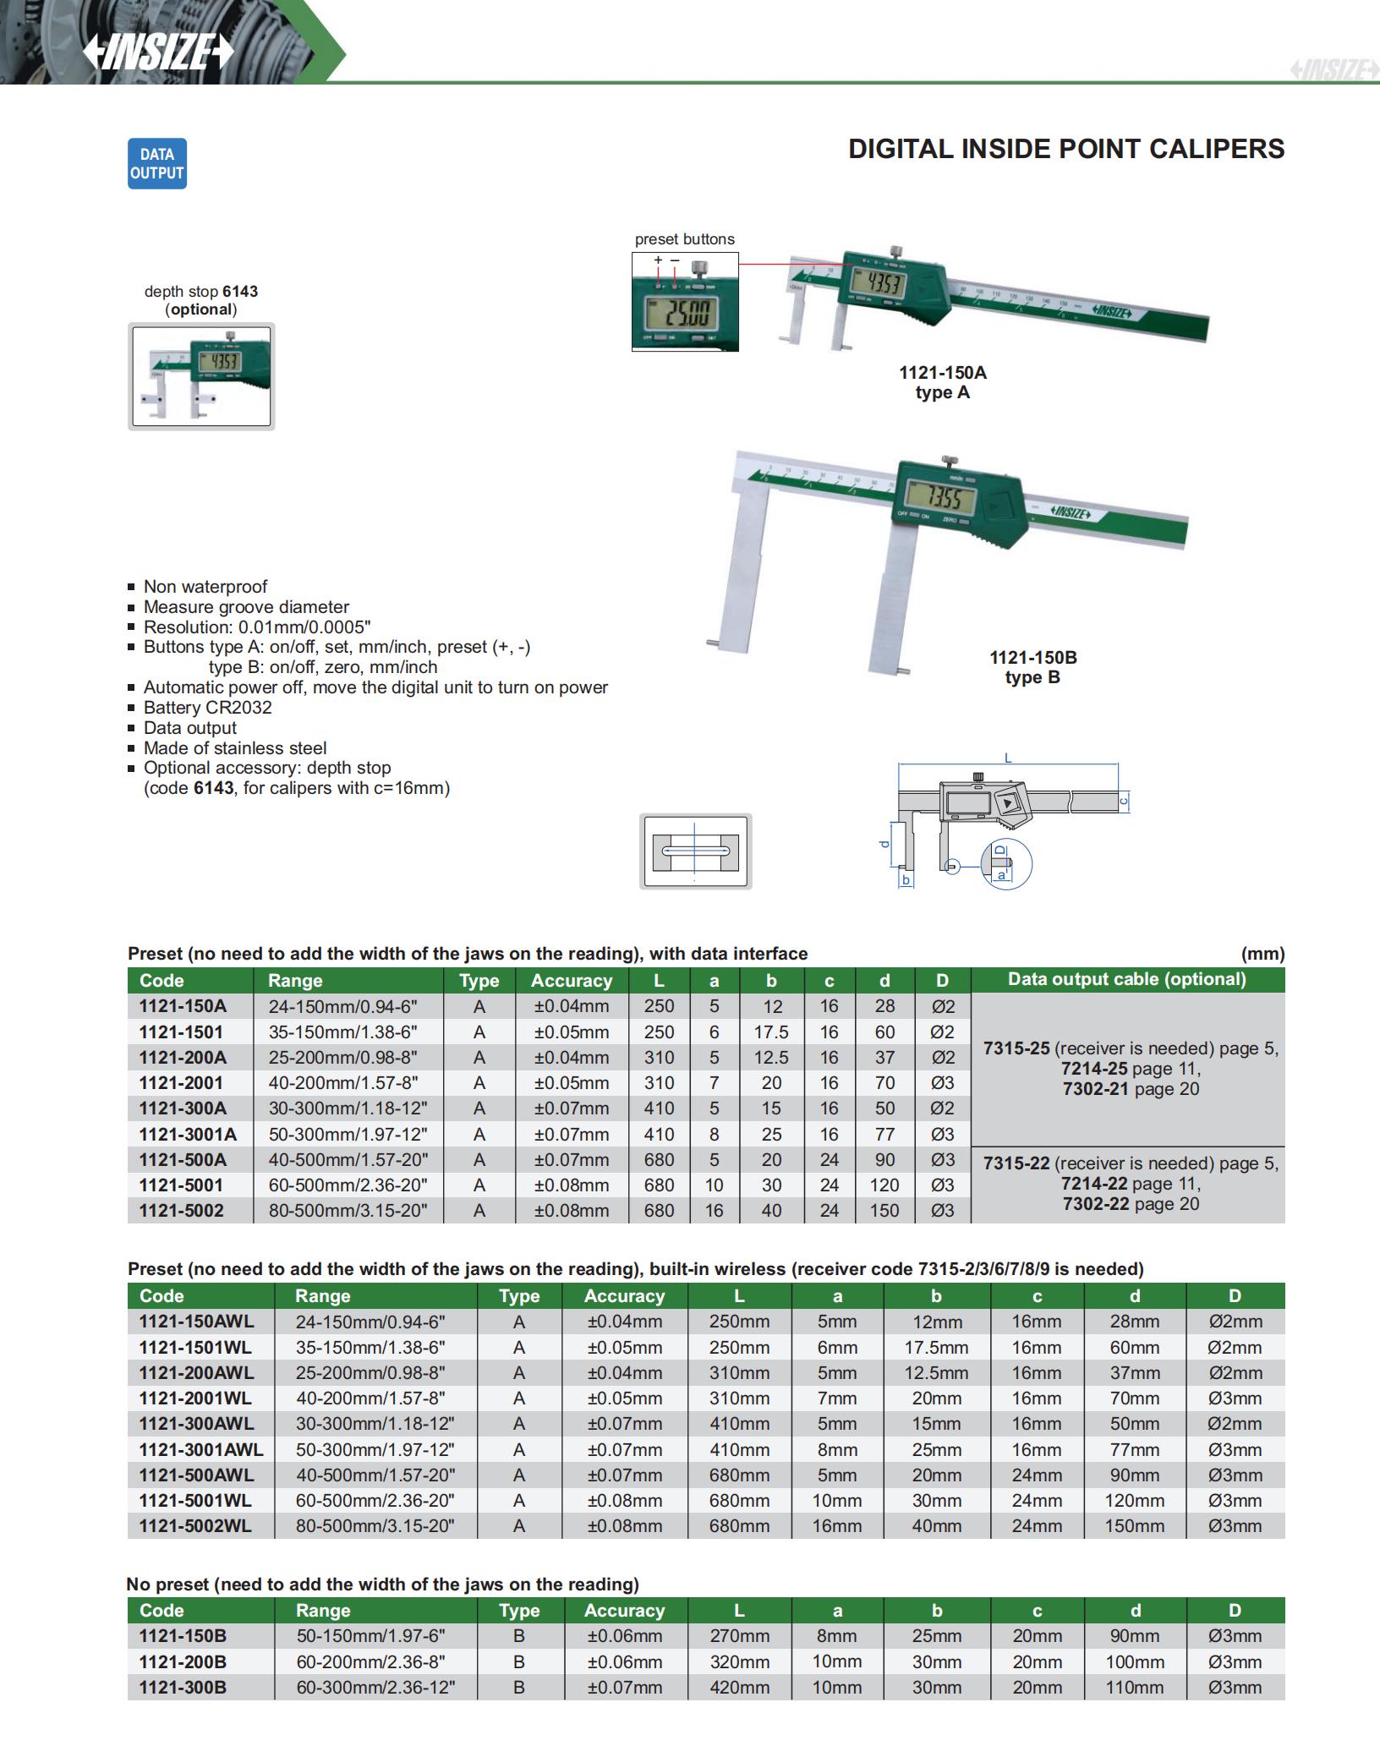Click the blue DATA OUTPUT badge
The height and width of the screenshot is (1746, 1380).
pyautogui.click(x=157, y=164)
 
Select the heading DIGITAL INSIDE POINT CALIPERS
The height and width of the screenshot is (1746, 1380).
pyautogui.click(x=1066, y=149)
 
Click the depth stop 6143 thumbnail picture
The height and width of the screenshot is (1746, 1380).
pyautogui.click(x=201, y=376)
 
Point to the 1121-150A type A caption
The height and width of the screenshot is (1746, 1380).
pyautogui.click(x=942, y=382)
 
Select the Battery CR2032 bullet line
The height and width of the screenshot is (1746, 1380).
pyautogui.click(x=207, y=708)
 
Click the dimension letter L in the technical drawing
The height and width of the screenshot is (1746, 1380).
pyautogui.click(x=1008, y=758)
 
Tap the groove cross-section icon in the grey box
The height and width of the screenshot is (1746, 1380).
pyautogui.click(x=695, y=851)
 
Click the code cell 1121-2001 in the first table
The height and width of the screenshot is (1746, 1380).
pyautogui.click(x=182, y=1083)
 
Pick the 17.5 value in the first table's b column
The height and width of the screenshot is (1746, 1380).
pyautogui.click(x=771, y=1032)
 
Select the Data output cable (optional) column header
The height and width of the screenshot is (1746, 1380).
pyautogui.click(x=1126, y=979)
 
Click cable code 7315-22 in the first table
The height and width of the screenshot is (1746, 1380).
pyautogui.click(x=1016, y=1163)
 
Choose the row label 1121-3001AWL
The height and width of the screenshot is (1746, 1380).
pyautogui.click(x=201, y=1450)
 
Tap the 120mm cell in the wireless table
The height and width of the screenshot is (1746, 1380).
pyautogui.click(x=1134, y=1501)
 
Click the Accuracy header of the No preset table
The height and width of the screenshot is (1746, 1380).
pyautogui.click(x=624, y=1611)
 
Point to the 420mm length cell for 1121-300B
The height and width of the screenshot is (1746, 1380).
pyautogui.click(x=739, y=1688)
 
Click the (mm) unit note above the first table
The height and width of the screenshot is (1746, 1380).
pyautogui.click(x=1262, y=954)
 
